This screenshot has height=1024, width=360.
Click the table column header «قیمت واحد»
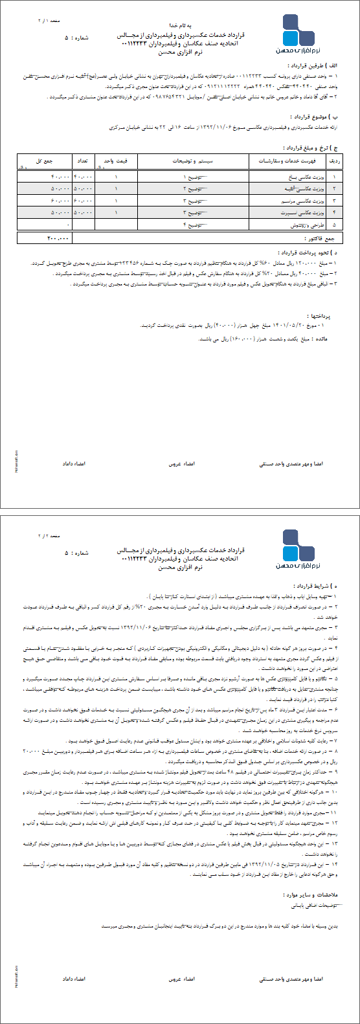coord(117,159)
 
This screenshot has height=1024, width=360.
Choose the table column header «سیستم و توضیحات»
coord(193,159)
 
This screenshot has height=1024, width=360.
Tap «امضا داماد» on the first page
coord(74,463)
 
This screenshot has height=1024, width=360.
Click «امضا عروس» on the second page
coord(186,980)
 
